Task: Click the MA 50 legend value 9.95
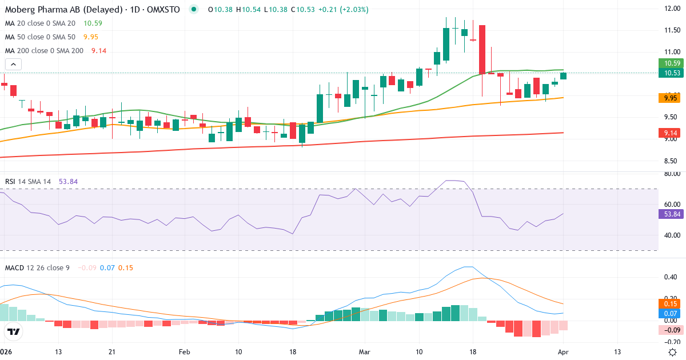tap(91, 37)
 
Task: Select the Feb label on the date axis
tap(184, 351)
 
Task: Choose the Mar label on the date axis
tap(364, 351)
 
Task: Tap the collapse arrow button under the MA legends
tap(13, 65)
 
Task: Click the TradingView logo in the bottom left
tap(14, 331)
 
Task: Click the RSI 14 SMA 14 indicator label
tap(28, 181)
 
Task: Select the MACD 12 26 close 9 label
tap(37, 267)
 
